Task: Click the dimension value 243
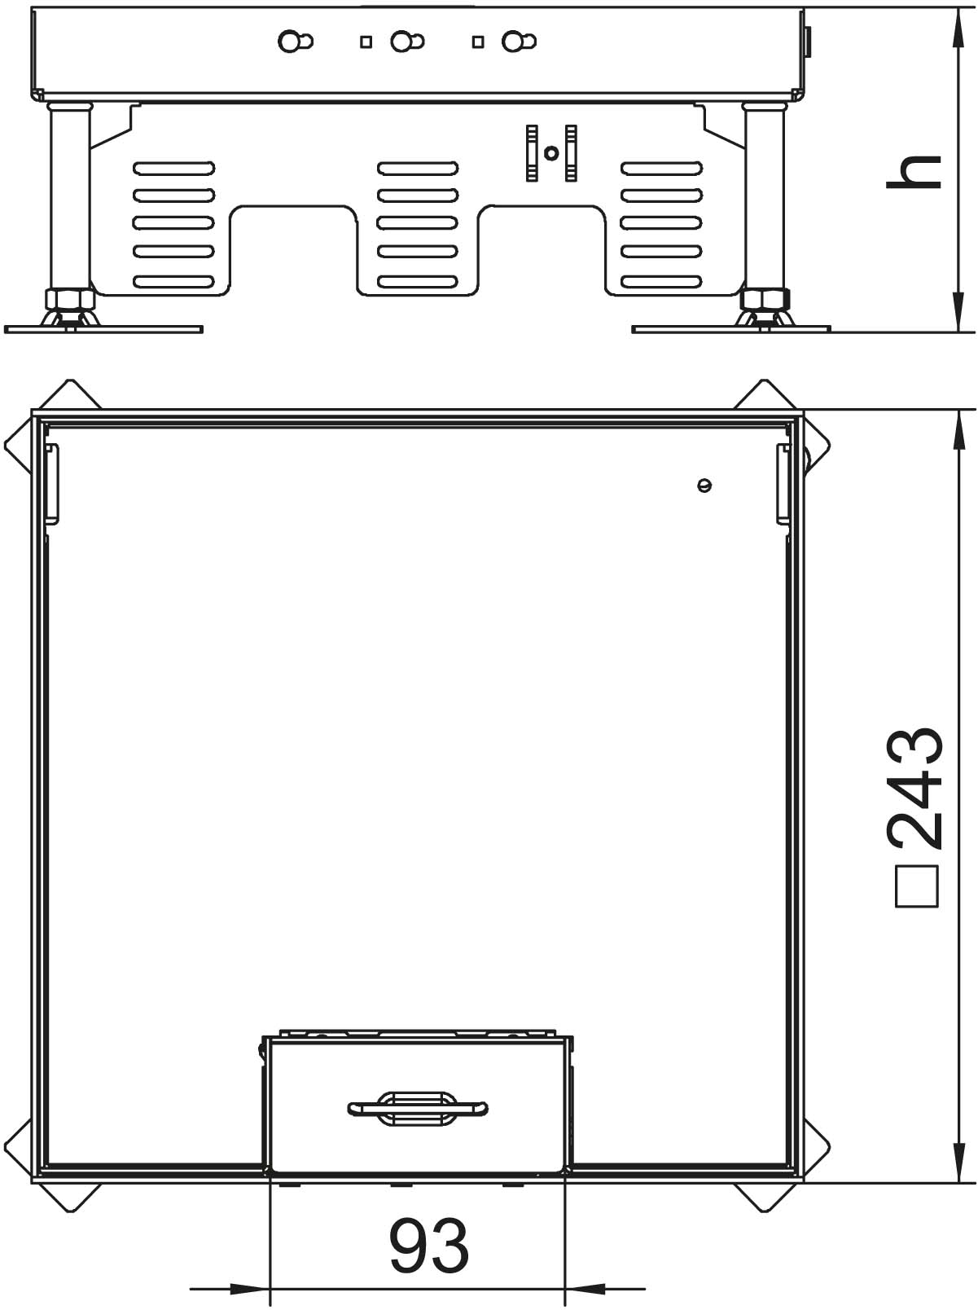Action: click(x=914, y=789)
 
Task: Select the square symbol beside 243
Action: click(x=917, y=887)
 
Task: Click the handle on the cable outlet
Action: click(x=418, y=1108)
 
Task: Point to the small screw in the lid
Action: click(x=704, y=485)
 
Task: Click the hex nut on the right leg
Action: click(x=765, y=297)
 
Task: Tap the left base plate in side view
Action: click(x=103, y=329)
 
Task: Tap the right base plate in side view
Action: click(x=731, y=329)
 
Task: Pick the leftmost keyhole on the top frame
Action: click(x=295, y=42)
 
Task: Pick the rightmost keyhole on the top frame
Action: click(x=519, y=42)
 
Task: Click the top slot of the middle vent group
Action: click(x=418, y=169)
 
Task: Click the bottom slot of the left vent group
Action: click(x=173, y=280)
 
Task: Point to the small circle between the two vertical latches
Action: click(x=551, y=153)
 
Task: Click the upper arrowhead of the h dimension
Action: click(x=958, y=28)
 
